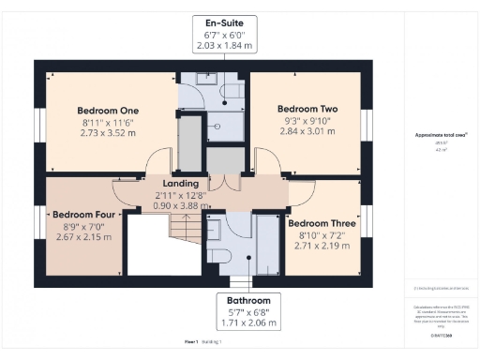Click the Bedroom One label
(108, 110)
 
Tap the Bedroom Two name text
(307, 108)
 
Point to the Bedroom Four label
(82, 214)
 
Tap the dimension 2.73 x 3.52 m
(108, 133)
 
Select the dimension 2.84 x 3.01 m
(307, 131)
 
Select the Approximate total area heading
(441, 135)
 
